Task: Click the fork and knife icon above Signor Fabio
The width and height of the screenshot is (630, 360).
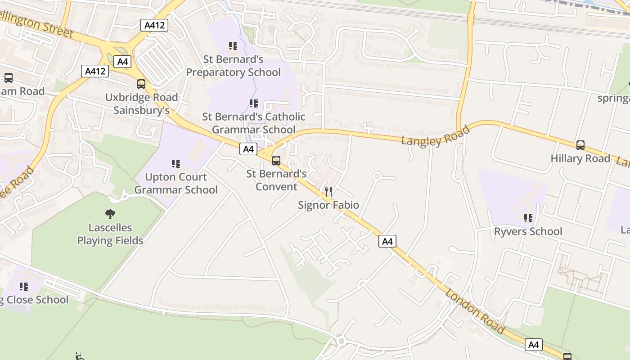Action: pos(328,192)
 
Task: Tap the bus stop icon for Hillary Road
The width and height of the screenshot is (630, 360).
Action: pos(580,145)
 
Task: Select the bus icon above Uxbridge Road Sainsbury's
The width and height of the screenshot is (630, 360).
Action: pos(141,84)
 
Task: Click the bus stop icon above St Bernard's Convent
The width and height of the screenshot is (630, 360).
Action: pos(276,161)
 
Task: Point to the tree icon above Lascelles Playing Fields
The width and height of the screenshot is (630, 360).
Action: pos(110,214)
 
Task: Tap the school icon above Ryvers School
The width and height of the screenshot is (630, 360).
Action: pos(528,219)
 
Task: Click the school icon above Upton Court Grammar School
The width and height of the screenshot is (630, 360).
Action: pos(176,164)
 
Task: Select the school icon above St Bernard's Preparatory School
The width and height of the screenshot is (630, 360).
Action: pos(233,46)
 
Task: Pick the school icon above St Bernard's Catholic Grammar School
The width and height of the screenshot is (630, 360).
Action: pos(254,103)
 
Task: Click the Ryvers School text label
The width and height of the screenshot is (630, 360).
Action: pos(528,232)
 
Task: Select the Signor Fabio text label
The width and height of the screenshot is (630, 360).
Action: pos(328,205)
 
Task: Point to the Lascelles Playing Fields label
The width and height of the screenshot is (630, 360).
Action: pos(110,234)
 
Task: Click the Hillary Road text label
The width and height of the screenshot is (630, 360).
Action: pos(580,158)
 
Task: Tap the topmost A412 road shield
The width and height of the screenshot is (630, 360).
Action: pos(155,25)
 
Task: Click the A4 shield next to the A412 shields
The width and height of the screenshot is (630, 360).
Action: pos(122,62)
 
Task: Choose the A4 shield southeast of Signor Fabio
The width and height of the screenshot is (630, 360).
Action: pos(387,241)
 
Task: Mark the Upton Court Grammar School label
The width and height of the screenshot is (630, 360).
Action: pos(176,183)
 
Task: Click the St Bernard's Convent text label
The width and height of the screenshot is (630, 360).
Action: pos(276,180)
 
